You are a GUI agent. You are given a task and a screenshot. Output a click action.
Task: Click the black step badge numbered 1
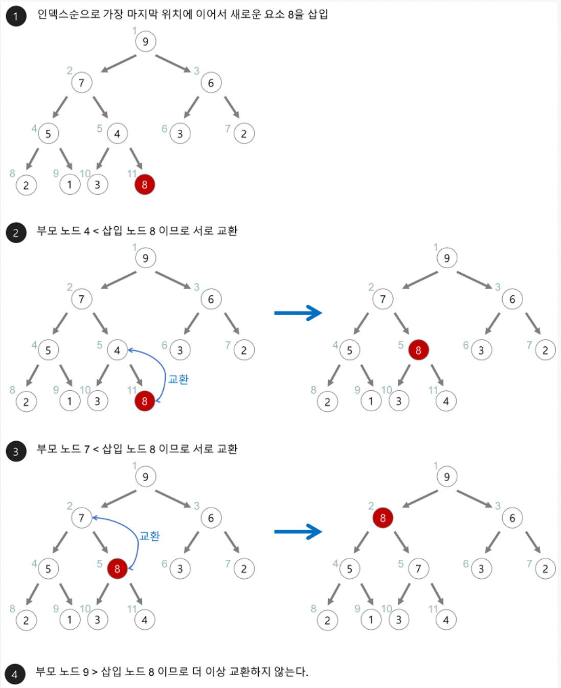(16, 16)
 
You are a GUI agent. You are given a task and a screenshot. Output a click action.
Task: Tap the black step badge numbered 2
(16, 233)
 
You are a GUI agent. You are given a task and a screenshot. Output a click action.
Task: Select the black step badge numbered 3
(16, 452)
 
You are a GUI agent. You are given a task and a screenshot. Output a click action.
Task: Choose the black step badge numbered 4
(15, 674)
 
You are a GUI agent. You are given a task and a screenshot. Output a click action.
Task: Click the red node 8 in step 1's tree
(145, 184)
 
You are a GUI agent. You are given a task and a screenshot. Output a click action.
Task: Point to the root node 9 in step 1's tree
(146, 41)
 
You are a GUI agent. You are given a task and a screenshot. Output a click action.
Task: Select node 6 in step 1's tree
(211, 83)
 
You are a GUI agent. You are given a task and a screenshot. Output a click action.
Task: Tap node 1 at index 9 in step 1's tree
(70, 184)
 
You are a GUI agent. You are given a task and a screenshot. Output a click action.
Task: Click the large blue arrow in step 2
(298, 313)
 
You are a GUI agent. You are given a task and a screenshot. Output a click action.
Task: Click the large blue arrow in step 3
(298, 532)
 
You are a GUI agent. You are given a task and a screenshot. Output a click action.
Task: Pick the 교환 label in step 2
(178, 379)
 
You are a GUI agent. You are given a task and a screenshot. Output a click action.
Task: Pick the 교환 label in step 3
(150, 536)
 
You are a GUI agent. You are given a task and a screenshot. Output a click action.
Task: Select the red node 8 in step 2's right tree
(418, 350)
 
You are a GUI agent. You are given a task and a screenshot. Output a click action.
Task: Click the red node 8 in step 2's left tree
(145, 401)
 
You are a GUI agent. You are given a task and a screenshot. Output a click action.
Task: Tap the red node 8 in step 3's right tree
(383, 517)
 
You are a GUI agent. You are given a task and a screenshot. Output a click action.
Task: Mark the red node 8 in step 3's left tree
(117, 568)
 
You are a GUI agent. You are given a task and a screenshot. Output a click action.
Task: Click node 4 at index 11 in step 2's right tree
(446, 401)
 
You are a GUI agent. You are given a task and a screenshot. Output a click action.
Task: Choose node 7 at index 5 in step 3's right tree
(418, 568)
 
